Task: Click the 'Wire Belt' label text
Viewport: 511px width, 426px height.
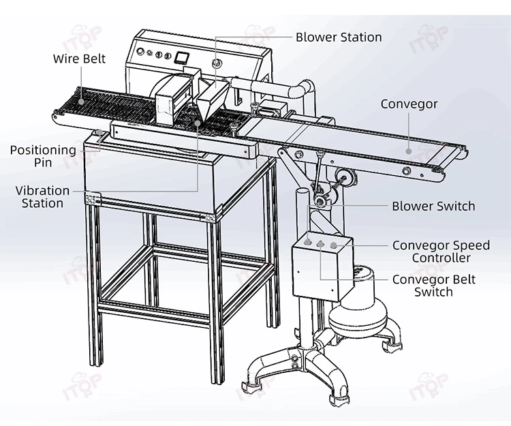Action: click(x=79, y=59)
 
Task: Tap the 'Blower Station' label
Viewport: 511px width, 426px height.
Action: click(x=339, y=37)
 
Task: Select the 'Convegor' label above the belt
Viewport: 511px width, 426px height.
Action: click(x=409, y=104)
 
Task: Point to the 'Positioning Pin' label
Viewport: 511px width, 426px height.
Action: click(x=43, y=156)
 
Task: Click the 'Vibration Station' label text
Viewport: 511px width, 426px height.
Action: click(x=42, y=197)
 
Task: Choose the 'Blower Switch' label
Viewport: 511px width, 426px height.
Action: click(x=433, y=206)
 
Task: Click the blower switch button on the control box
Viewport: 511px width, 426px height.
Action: click(x=309, y=242)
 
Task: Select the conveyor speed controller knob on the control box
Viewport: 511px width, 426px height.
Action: click(x=334, y=244)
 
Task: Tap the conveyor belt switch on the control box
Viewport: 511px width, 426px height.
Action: click(x=321, y=243)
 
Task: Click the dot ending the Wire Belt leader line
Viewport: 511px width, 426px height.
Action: click(x=80, y=101)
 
